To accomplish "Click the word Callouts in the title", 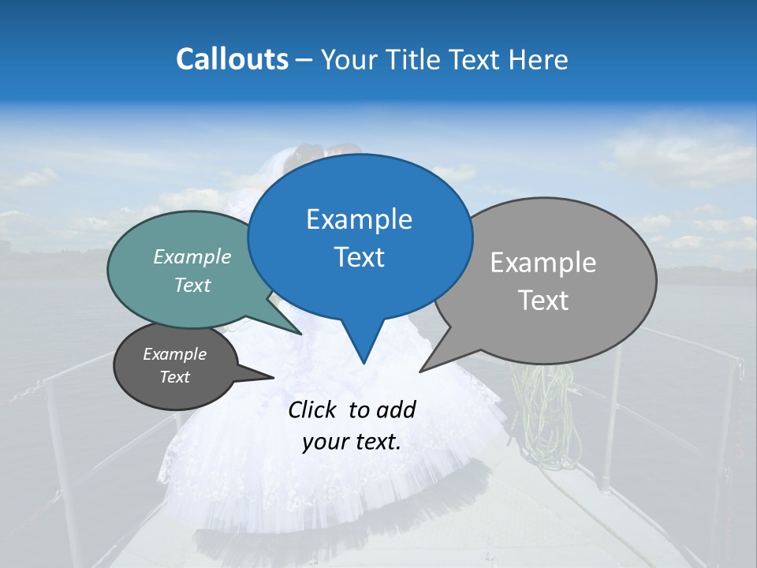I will (232, 59).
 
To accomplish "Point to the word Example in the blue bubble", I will (359, 219).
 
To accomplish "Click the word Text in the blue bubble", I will (359, 257).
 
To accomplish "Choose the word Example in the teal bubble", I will (192, 256).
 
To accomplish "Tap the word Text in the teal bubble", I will (192, 285).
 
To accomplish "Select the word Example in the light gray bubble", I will (543, 262).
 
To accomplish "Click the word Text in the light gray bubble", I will (543, 301).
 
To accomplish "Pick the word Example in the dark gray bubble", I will (174, 354).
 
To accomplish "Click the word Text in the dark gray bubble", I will (174, 377).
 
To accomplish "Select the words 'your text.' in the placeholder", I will (352, 442).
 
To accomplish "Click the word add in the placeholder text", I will (395, 409).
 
